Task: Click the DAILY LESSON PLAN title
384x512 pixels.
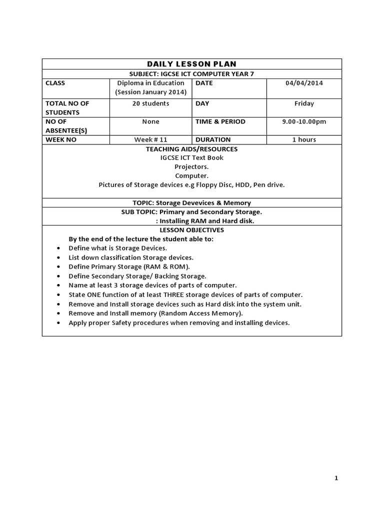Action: coord(191,64)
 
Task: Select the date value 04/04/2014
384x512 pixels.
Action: coord(304,83)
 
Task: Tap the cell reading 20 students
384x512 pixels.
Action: coord(150,103)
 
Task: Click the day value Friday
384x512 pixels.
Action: coord(304,103)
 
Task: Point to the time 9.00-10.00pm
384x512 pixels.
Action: coord(304,121)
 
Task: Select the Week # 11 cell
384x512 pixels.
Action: coord(150,139)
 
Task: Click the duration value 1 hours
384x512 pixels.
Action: coord(304,139)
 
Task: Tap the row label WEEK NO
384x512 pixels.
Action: coord(61,139)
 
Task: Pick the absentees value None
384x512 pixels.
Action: coord(150,121)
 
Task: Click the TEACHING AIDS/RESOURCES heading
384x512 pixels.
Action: coord(191,149)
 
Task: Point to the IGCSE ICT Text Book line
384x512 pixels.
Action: coord(191,158)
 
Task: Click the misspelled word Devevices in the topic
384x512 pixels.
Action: coord(199,203)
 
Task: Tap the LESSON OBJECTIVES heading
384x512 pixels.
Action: coord(191,230)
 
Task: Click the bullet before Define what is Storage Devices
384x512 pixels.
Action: coord(59,248)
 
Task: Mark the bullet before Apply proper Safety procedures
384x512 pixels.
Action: coord(59,323)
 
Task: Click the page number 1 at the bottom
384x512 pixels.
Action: coord(336,478)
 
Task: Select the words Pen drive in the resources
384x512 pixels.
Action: coord(269,185)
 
